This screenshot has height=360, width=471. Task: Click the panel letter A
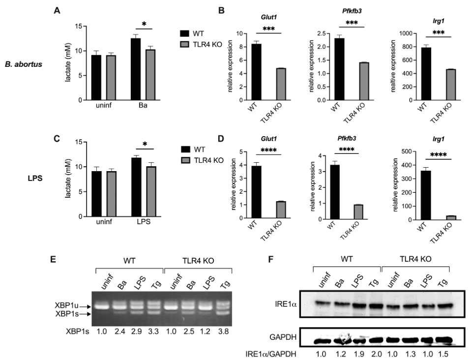click(56, 9)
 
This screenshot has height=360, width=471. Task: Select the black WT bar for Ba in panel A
click(135, 69)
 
